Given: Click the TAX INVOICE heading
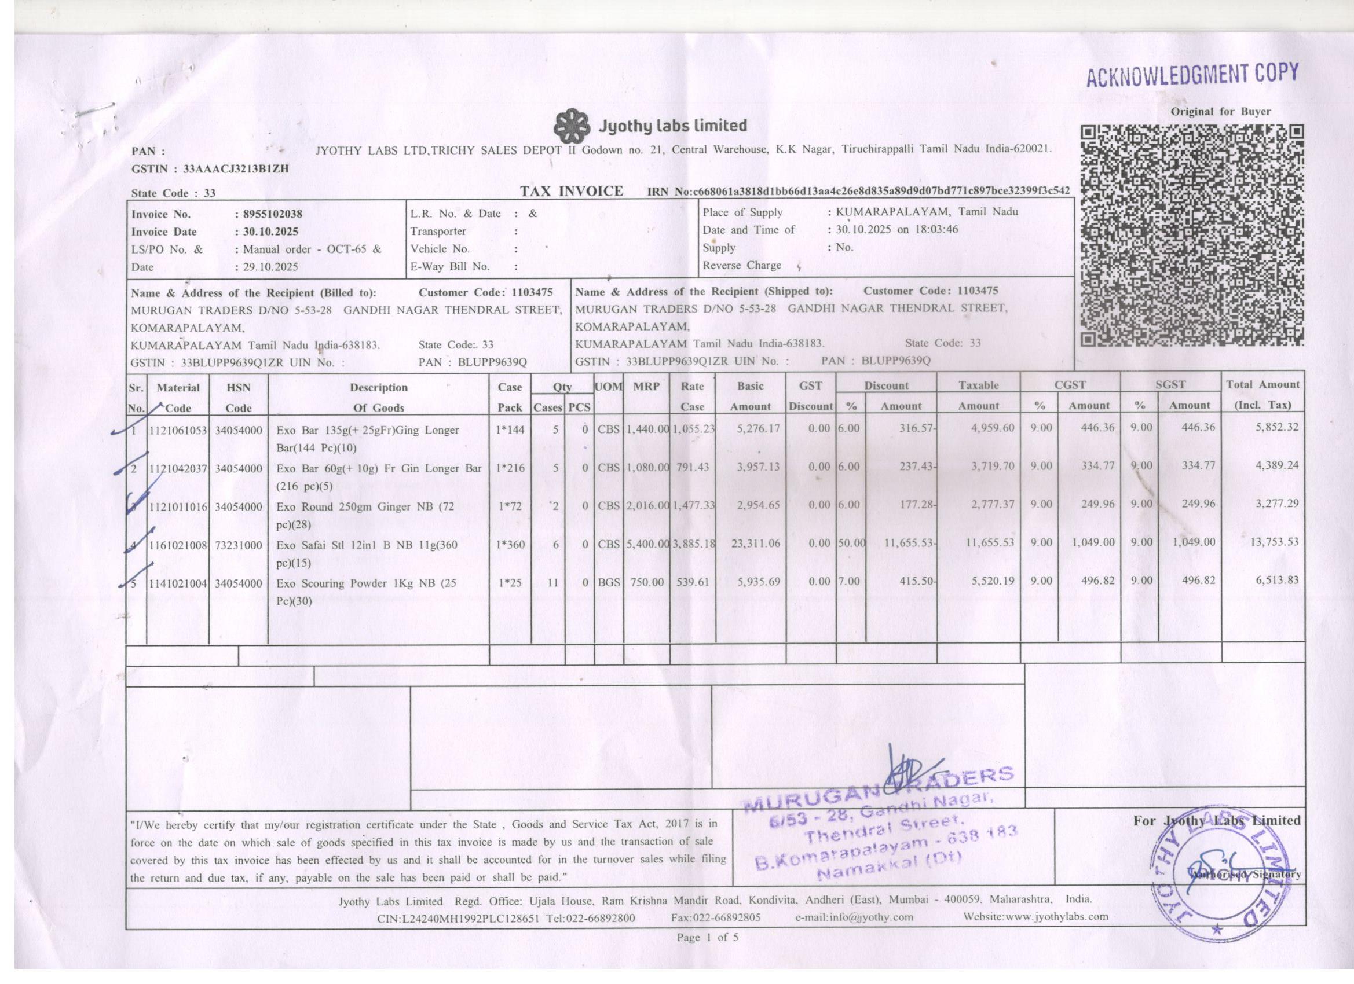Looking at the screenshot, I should coord(572,192).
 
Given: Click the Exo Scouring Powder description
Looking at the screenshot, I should coord(366,592).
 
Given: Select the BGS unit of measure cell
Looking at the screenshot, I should coord(609,582).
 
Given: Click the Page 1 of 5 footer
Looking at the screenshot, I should coord(708,938).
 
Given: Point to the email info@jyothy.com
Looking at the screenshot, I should coord(854,917).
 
